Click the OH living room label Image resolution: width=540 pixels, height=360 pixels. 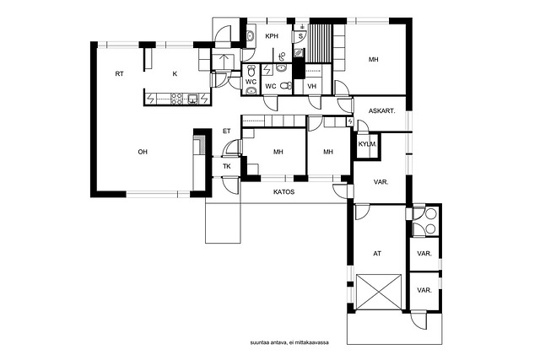click(143, 152)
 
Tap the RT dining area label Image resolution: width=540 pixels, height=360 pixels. click(120, 73)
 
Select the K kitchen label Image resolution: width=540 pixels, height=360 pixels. click(175, 73)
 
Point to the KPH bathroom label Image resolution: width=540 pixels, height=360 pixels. click(272, 35)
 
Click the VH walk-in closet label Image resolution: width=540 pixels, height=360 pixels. click(311, 86)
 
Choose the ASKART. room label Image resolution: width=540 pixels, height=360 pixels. click(381, 111)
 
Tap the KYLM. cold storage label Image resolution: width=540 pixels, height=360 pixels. click(367, 144)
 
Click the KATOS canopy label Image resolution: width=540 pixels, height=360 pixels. click(283, 191)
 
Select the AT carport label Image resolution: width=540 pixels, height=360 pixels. click(377, 254)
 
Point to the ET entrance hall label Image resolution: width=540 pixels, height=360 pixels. click(227, 132)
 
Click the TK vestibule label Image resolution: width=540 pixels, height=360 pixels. click(227, 167)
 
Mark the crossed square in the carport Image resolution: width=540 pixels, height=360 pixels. click(379, 292)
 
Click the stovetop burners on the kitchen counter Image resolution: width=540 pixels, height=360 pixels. click(176, 99)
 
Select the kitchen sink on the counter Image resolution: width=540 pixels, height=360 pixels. click(193, 99)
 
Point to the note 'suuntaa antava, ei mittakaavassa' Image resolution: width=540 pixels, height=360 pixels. click(289, 342)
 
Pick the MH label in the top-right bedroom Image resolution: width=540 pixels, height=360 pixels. click(373, 60)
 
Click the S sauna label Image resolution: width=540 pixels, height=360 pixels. click(300, 35)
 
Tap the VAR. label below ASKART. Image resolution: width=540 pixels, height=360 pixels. click(381, 182)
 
